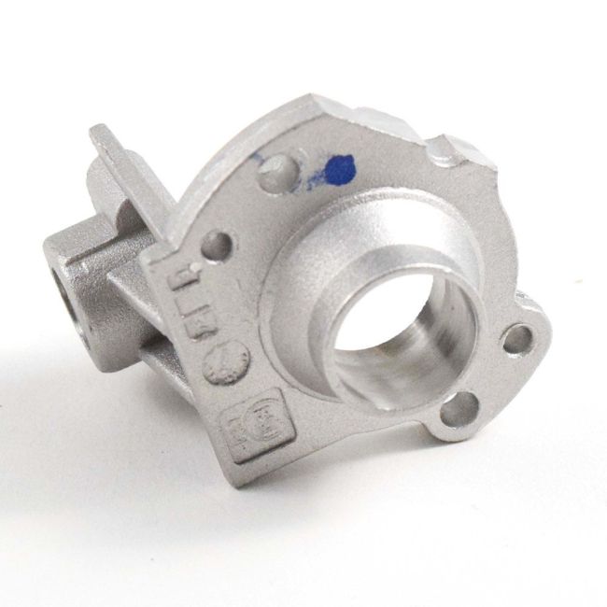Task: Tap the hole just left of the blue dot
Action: [x=278, y=170]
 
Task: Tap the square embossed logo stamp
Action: [x=243, y=429]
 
